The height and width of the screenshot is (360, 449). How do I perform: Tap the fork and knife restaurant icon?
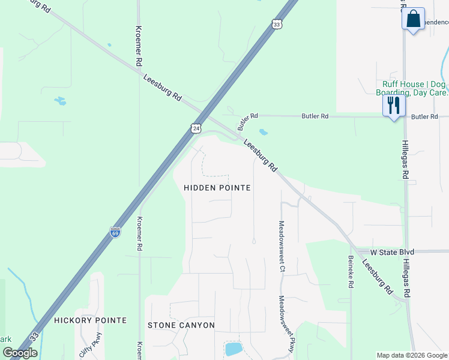394,106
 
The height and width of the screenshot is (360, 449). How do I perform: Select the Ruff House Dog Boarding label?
412,88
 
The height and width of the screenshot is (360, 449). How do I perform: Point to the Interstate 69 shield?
115,232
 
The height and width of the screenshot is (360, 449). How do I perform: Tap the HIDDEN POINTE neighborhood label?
217,188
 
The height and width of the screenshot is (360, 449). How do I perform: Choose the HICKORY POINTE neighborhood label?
90,320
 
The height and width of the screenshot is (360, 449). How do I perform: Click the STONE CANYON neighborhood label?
181,325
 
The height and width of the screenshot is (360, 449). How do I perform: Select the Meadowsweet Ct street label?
281,246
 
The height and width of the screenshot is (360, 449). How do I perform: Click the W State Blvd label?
391,252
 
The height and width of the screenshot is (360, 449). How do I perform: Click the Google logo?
20,353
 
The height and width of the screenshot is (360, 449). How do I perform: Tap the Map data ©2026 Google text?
412,355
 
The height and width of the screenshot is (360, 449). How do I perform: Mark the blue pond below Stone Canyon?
232,349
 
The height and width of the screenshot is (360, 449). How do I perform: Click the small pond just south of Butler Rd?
263,131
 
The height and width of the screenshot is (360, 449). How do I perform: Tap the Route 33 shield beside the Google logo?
35,337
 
